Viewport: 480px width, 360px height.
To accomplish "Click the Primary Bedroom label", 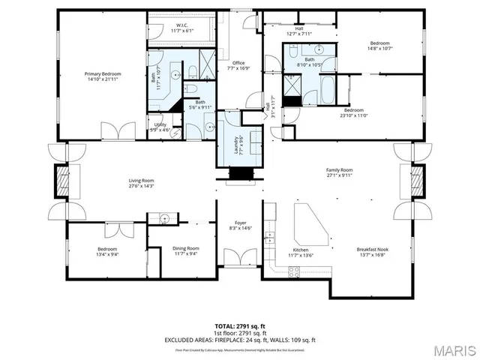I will [103, 73].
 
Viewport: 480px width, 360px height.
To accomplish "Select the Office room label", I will [238, 63].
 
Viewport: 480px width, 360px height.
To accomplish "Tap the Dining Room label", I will [186, 248].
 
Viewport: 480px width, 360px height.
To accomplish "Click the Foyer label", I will [241, 223].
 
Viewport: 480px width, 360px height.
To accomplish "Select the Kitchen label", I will [301, 249].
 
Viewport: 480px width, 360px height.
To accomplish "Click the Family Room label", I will [340, 170].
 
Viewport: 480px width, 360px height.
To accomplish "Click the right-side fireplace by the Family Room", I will [418, 182].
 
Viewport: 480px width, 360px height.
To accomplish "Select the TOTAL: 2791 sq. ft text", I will [240, 326].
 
